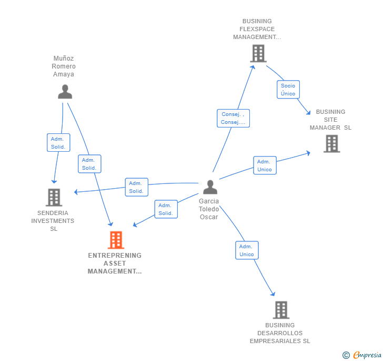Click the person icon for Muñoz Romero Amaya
tap(65, 92)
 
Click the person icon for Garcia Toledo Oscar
tap(210, 187)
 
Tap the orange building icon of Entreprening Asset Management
tap(116, 240)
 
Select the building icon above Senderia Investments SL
tap(54, 198)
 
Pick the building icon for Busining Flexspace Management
tap(258, 53)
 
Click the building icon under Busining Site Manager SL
tap(331, 143)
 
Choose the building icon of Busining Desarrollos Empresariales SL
tap(281, 310)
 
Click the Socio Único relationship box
tap(288, 90)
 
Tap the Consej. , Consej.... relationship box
tap(233, 118)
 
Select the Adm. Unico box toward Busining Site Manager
tap(265, 165)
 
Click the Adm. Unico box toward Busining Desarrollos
tap(247, 250)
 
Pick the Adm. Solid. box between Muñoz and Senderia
tap(58, 143)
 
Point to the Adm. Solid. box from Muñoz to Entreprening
tap(89, 164)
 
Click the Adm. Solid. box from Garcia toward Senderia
tap(136, 187)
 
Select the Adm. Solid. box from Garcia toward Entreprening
tap(166, 209)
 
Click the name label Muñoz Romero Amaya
tap(64, 66)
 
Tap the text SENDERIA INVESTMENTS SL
tap(53, 221)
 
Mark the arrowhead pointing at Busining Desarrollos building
tap(273, 294)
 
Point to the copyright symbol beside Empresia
tap(346, 355)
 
